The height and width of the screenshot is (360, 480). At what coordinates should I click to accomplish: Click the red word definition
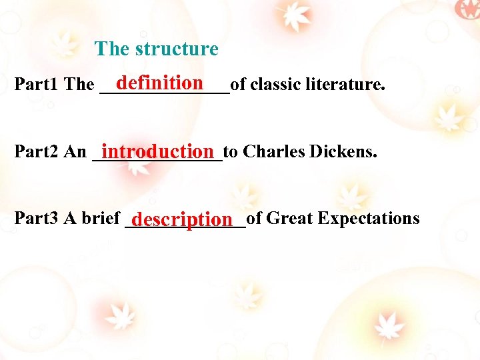click(159, 82)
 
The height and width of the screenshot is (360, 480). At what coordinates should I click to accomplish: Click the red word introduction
click(161, 151)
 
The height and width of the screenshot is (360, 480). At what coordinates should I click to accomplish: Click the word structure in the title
click(177, 49)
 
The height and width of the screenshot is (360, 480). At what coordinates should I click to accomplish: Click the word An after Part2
click(75, 152)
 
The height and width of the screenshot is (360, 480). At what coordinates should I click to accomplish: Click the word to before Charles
click(231, 152)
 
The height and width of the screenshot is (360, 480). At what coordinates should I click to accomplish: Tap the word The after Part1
click(79, 85)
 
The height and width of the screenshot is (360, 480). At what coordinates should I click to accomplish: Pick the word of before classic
click(238, 84)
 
